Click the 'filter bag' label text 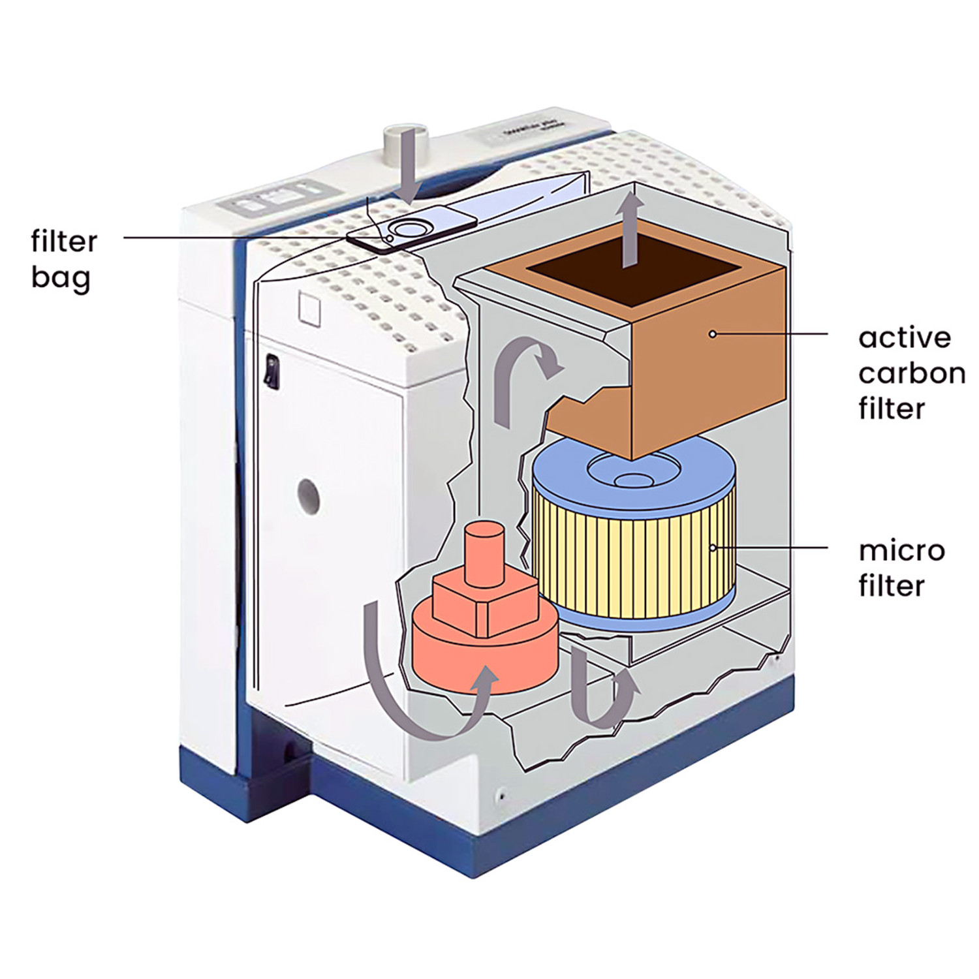click(x=63, y=259)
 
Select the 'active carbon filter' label click(x=911, y=373)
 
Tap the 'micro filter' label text click(x=901, y=568)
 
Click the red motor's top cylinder click(x=483, y=548)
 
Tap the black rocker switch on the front click(x=271, y=373)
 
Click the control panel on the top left click(x=274, y=197)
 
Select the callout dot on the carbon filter click(x=713, y=334)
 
